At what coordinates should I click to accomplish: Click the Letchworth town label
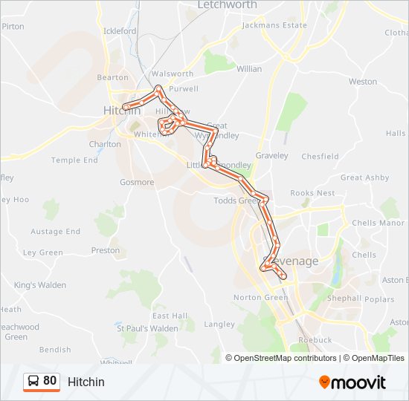[227, 5]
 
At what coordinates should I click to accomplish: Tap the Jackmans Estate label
[275, 25]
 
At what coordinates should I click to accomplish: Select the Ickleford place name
[120, 31]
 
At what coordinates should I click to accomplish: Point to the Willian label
[249, 69]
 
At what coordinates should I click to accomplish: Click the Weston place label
[363, 82]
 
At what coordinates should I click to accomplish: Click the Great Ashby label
[364, 178]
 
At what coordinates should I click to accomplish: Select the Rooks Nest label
[312, 193]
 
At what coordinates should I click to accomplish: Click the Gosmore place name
[136, 183]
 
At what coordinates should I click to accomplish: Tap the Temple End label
[74, 160]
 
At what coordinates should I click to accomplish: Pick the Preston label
[105, 251]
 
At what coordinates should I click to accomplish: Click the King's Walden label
[39, 285]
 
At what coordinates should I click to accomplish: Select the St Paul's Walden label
[147, 328]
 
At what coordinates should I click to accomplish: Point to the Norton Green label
[260, 298]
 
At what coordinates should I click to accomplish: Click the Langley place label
[219, 325]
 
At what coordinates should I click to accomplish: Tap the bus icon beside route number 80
[33, 382]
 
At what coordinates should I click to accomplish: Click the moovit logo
[352, 382]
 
